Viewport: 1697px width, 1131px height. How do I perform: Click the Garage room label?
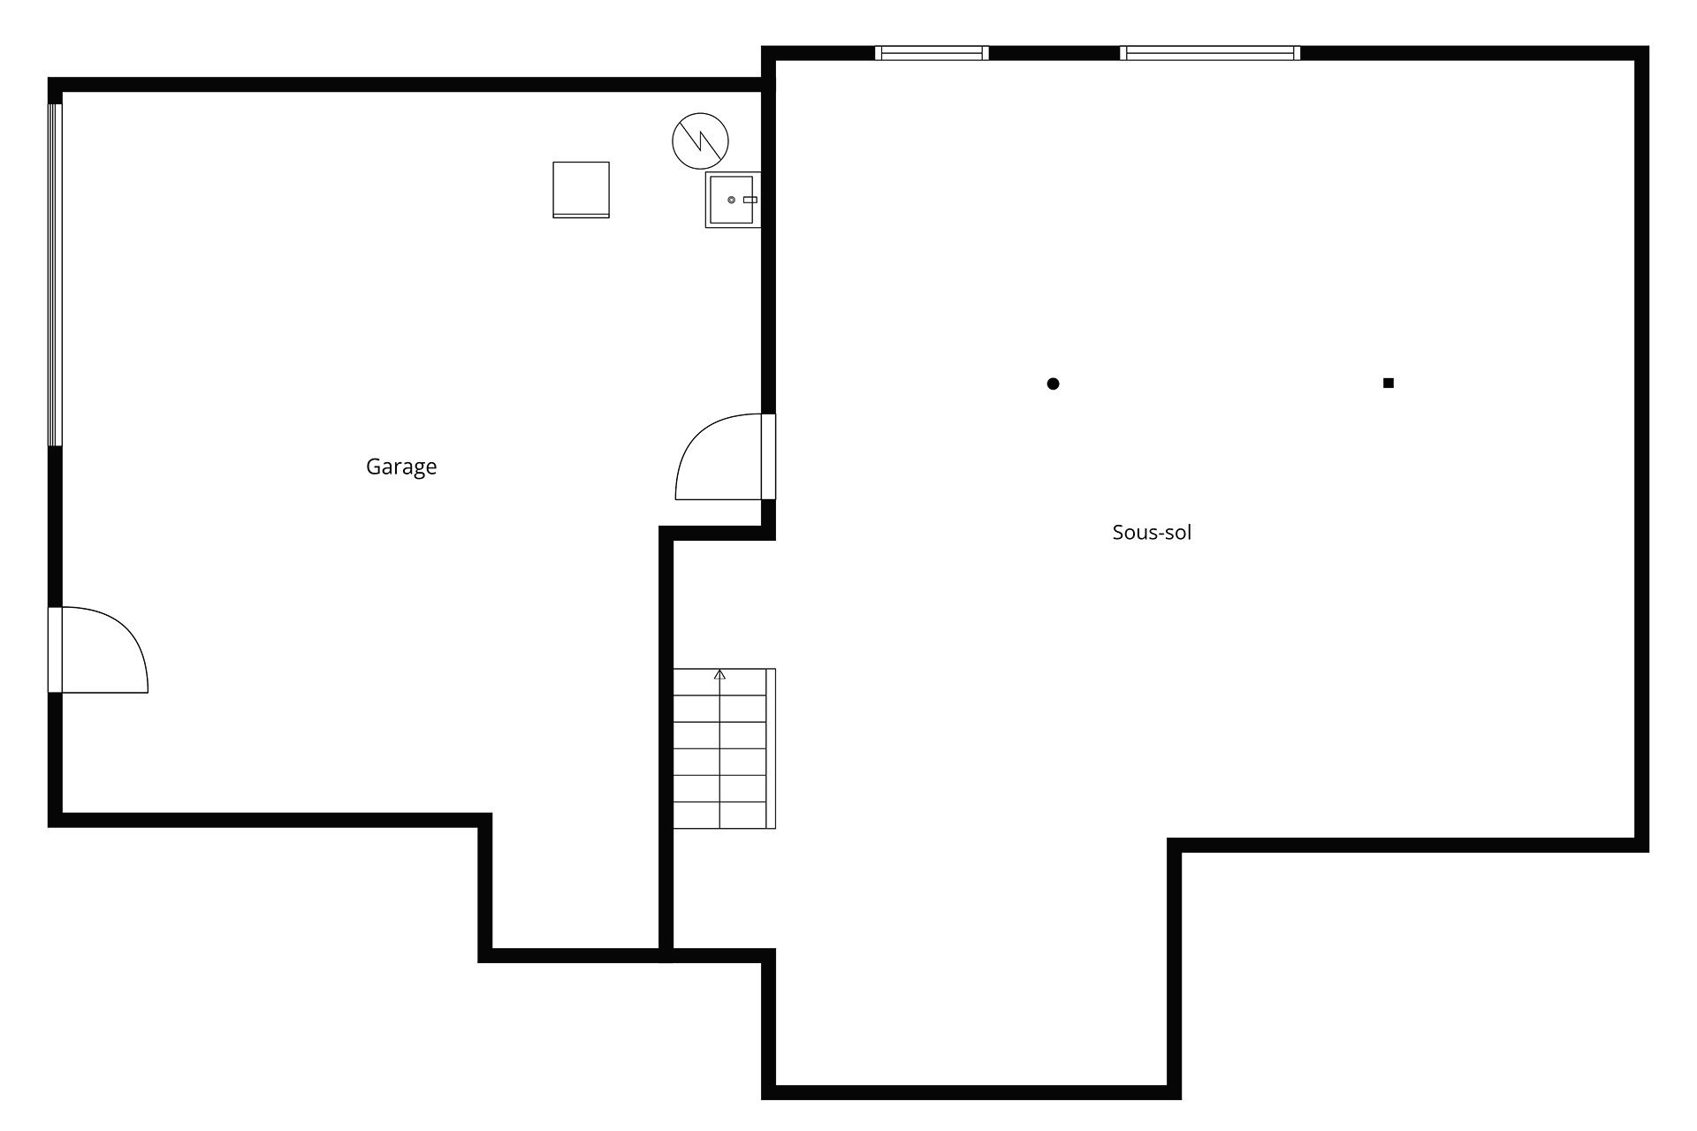pyautogui.click(x=401, y=467)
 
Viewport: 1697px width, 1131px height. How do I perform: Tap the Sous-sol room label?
pyautogui.click(x=1152, y=532)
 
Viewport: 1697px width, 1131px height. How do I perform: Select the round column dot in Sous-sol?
pyautogui.click(x=1053, y=383)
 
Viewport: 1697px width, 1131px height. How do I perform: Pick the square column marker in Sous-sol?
pyautogui.click(x=1389, y=383)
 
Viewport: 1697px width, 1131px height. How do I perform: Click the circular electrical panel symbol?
pyautogui.click(x=701, y=140)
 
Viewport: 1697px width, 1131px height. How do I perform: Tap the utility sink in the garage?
pyautogui.click(x=733, y=200)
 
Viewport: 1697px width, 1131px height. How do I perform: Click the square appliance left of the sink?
pyautogui.click(x=581, y=189)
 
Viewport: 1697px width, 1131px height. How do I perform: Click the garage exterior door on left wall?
pyautogui.click(x=98, y=649)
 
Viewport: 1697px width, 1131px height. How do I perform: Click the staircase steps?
pyautogui.click(x=719, y=748)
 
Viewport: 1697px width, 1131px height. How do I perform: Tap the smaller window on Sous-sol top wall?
pyautogui.click(x=932, y=53)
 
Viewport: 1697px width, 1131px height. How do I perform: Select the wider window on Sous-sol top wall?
pyautogui.click(x=1210, y=53)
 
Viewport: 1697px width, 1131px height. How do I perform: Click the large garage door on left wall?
pyautogui.click(x=55, y=275)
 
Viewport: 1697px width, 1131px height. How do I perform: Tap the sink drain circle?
pyautogui.click(x=731, y=200)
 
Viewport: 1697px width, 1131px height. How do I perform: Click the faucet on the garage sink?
pyautogui.click(x=750, y=200)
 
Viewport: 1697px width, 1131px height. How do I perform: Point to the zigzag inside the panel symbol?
pyautogui.click(x=701, y=140)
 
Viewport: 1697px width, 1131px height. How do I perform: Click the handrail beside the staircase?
pyautogui.click(x=771, y=748)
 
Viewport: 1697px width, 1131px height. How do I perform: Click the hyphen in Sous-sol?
pyautogui.click(x=1148, y=534)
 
